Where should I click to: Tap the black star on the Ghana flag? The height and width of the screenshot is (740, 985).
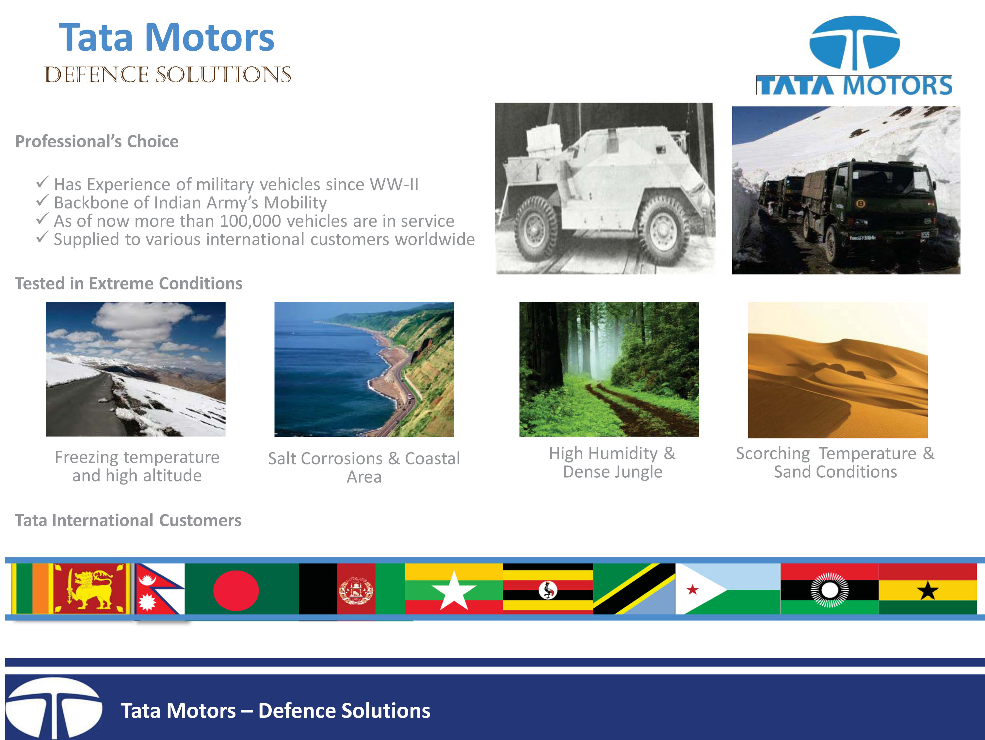tap(928, 590)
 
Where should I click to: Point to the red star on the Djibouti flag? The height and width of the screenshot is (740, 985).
tap(692, 590)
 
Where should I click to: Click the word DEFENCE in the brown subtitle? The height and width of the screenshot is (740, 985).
tap(96, 74)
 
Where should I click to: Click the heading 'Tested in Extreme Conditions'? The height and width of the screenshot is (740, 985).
tap(129, 283)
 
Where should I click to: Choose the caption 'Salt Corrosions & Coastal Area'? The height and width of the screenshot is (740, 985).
tap(364, 467)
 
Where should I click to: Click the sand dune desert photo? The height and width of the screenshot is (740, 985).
tap(838, 370)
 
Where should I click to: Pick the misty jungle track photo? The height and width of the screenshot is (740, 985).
tap(609, 369)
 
